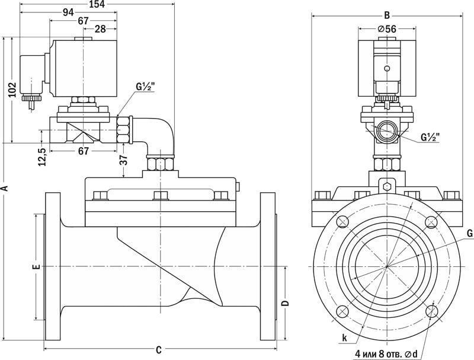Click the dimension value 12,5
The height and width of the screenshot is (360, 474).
tap(41, 155)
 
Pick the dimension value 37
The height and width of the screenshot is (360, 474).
tap(123, 160)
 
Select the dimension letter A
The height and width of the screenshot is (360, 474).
tap(5, 188)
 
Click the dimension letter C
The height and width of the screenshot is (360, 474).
tap(159, 349)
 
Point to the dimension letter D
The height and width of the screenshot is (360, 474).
tap(284, 303)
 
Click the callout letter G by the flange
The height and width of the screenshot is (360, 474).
tap(469, 234)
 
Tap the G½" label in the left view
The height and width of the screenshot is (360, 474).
tap(145, 87)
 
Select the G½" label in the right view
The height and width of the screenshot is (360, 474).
tap(430, 138)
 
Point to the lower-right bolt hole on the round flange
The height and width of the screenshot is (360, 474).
tap(431, 310)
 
